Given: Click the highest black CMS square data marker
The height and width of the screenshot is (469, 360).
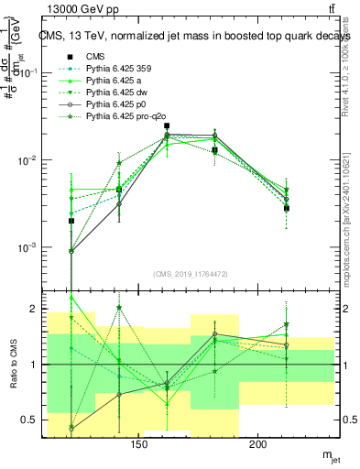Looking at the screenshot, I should (167, 126).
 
